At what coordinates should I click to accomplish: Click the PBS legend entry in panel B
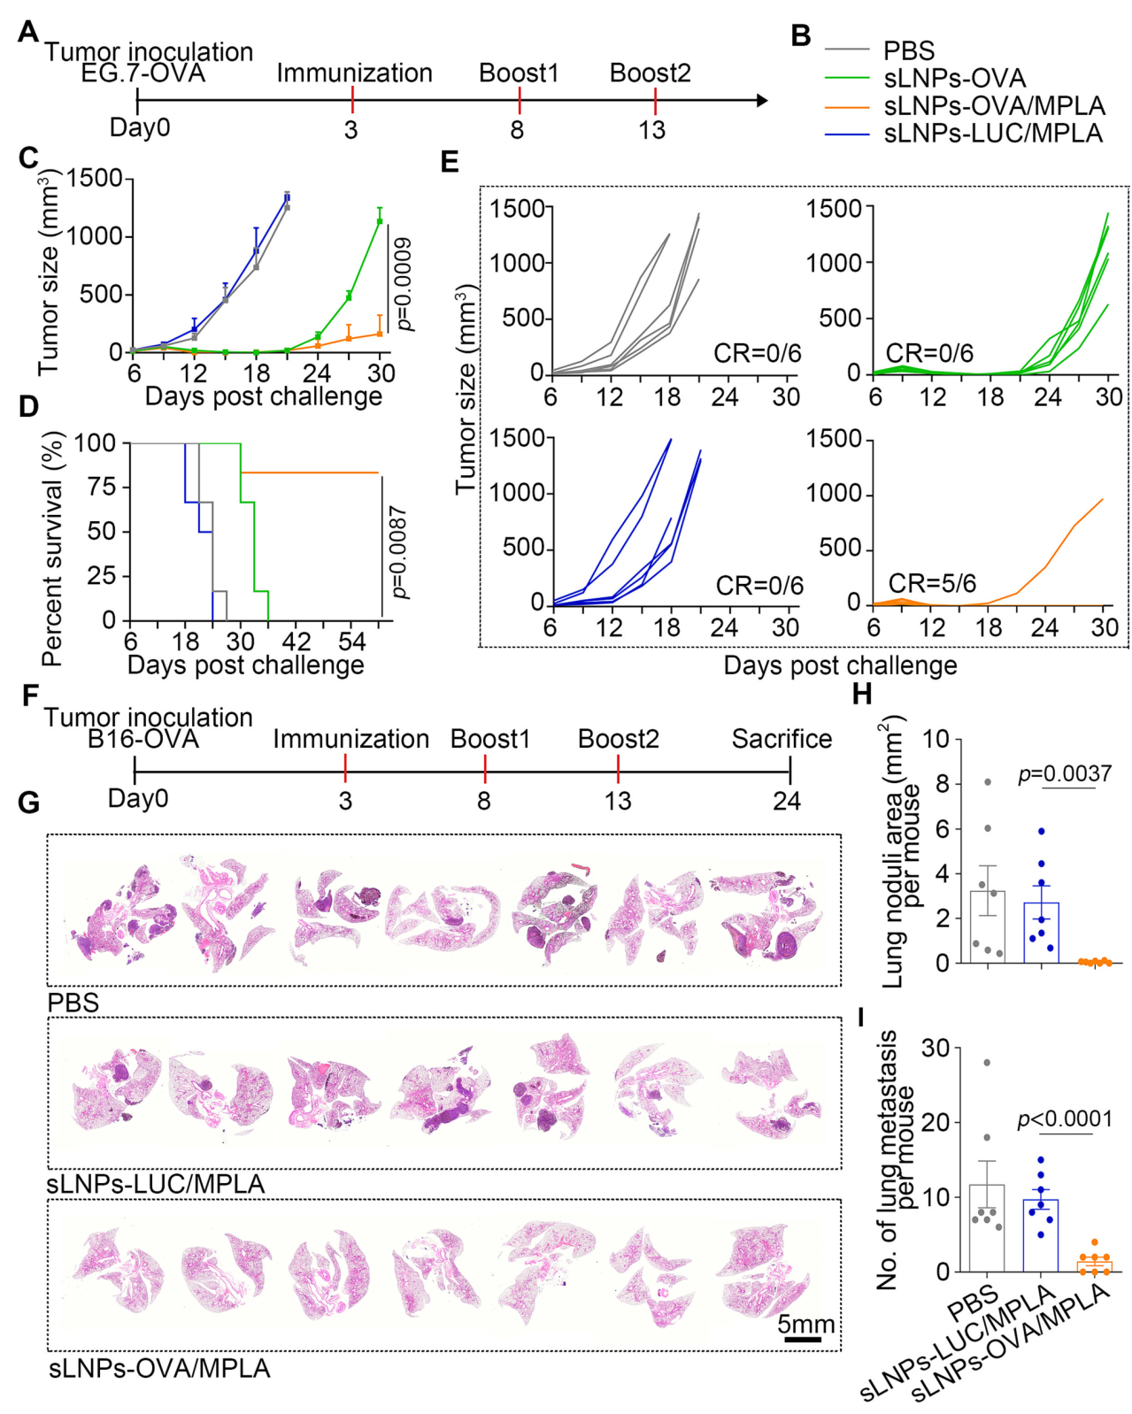pyautogui.click(x=908, y=50)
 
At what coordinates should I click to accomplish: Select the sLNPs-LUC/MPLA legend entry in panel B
pyautogui.click(x=993, y=134)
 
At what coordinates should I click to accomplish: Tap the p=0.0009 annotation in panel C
pyautogui.click(x=404, y=284)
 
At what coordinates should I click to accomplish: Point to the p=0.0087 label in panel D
pyautogui.click(x=400, y=552)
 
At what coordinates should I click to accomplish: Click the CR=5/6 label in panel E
pyautogui.click(x=932, y=583)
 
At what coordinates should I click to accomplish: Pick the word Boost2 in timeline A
pyautogui.click(x=650, y=73)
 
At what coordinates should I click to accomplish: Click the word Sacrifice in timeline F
pyautogui.click(x=782, y=739)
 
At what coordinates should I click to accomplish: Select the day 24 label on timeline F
pyautogui.click(x=786, y=801)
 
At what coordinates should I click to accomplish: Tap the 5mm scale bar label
pyautogui.click(x=805, y=1324)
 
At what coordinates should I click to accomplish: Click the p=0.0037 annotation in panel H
pyautogui.click(x=1065, y=773)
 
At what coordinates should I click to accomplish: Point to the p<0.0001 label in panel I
pyautogui.click(x=1065, y=1119)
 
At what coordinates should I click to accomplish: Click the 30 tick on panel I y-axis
pyautogui.click(x=936, y=1049)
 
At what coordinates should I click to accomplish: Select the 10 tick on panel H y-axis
pyautogui.click(x=936, y=739)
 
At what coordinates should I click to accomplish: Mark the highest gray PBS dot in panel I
pyautogui.click(x=987, y=1062)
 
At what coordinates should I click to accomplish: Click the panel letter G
pyautogui.click(x=29, y=803)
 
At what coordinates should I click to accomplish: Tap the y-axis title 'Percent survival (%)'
pyautogui.click(x=52, y=549)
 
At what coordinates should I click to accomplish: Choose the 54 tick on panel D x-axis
pyautogui.click(x=351, y=642)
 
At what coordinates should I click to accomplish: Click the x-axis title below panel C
pyautogui.click(x=263, y=396)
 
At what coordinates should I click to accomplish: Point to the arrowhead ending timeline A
pyautogui.click(x=762, y=100)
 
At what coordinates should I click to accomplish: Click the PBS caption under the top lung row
pyautogui.click(x=73, y=1003)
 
